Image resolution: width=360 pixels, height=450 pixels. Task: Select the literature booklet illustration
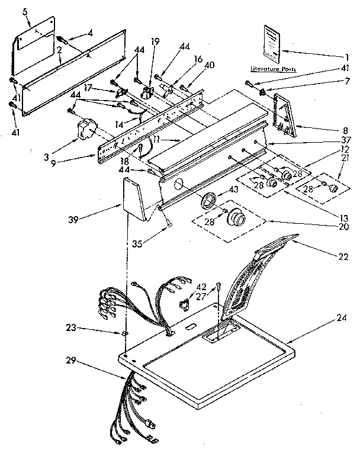(272, 43)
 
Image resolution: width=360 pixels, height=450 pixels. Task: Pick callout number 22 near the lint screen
(343, 258)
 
